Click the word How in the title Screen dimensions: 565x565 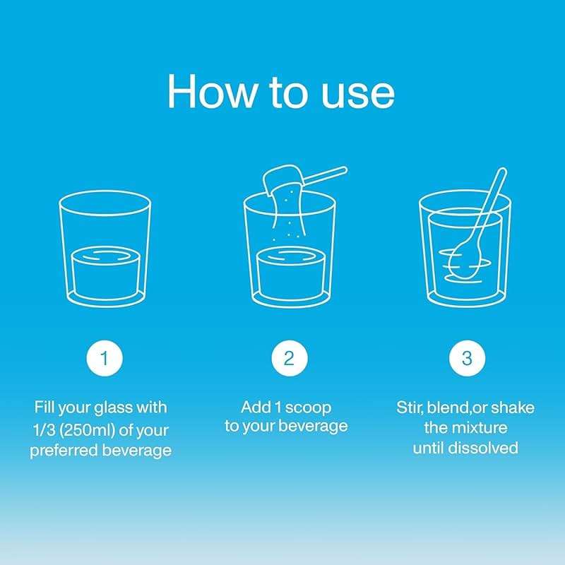click(213, 91)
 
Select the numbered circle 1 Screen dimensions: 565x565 click(105, 358)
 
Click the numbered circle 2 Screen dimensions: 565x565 click(290, 358)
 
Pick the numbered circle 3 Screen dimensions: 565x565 click(467, 358)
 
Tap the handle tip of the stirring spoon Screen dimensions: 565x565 click(502, 171)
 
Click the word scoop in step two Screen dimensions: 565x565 click(308, 408)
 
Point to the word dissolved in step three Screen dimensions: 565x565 click(485, 448)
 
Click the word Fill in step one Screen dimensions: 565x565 click(44, 408)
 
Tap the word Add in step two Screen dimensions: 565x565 click(256, 408)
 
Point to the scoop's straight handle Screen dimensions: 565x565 click(325, 176)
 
